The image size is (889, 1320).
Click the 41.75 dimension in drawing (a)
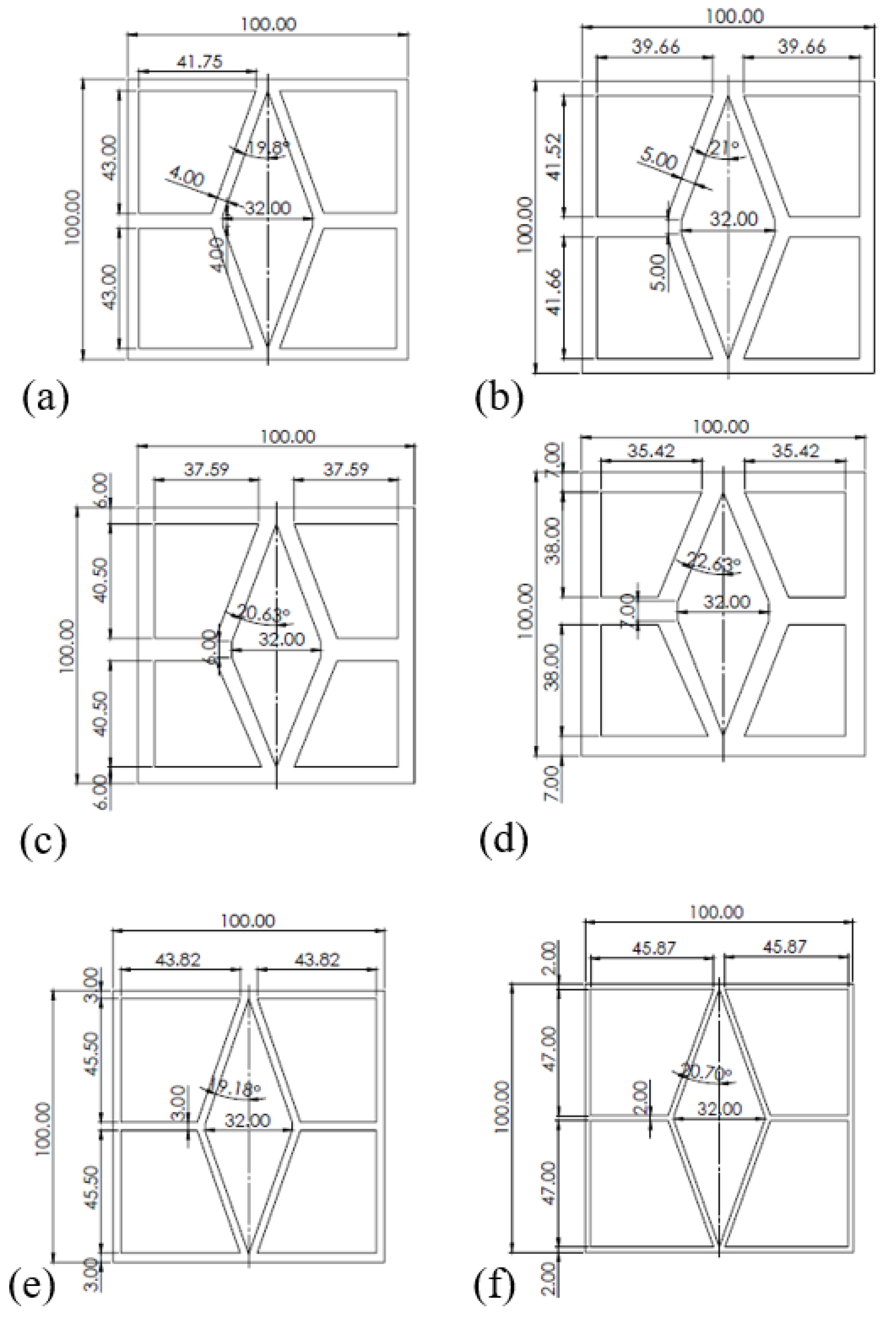[200, 61]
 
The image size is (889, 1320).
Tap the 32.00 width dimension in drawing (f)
[719, 1108]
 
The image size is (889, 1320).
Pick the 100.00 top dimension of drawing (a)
[269, 24]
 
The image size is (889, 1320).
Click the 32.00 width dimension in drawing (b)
[733, 218]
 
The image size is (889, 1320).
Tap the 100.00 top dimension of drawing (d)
[721, 426]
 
